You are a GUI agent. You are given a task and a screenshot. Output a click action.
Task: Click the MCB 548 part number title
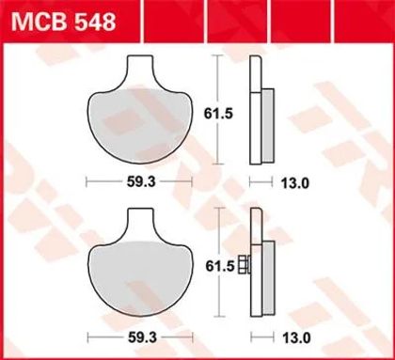(64, 22)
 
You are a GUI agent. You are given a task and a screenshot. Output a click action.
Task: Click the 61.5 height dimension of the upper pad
(218, 114)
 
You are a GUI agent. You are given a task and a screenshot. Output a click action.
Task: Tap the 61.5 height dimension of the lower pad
(220, 266)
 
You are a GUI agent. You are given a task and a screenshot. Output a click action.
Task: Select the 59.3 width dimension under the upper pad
(141, 182)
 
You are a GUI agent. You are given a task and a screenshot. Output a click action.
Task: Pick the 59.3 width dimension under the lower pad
(142, 337)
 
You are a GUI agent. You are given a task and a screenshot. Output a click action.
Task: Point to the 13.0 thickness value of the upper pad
(294, 183)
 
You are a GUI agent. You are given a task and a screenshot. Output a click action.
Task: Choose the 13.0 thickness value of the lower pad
(296, 338)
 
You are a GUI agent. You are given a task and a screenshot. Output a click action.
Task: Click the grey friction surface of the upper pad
(140, 125)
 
